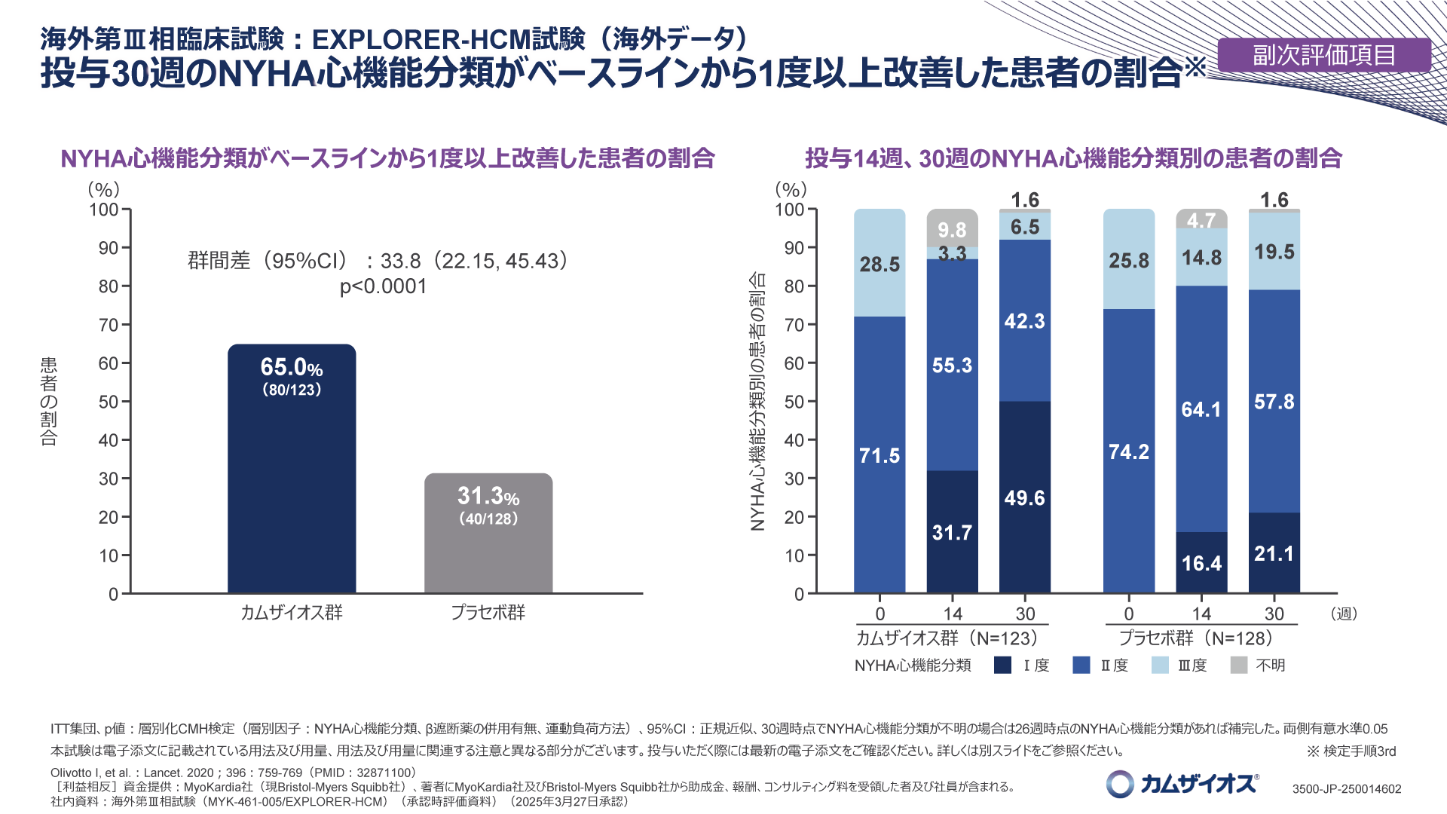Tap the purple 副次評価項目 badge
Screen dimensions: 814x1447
[x=1324, y=55]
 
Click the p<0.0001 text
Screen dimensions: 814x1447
[x=383, y=287]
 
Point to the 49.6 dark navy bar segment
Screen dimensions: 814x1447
[x=1025, y=497]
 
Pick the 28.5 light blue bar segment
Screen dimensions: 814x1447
[x=880, y=263]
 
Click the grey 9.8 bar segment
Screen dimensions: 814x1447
[x=953, y=228]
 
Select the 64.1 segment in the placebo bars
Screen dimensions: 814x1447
[x=1201, y=409]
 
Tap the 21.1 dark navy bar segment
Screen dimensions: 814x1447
[x=1274, y=553]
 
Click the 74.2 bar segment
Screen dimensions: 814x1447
[x=1129, y=451]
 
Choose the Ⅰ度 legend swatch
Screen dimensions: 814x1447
[x=1002, y=665]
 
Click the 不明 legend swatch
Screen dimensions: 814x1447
[x=1238, y=665]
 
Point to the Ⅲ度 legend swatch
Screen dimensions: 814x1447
[x=1160, y=665]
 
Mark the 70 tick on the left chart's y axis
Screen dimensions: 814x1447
[x=109, y=325]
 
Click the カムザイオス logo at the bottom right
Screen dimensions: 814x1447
[x=1182, y=784]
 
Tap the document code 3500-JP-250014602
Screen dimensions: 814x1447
[x=1347, y=789]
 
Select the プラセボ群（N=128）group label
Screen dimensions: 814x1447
[x=1196, y=638]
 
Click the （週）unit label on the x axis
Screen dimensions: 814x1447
[x=1345, y=614]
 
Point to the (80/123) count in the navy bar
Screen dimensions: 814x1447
[x=292, y=390]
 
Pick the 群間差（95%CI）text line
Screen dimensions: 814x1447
[x=378, y=261]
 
